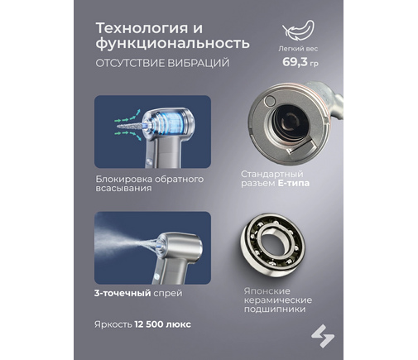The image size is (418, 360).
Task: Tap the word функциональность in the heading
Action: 173,43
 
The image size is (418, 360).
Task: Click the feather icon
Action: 298,31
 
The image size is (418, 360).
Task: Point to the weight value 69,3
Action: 295,62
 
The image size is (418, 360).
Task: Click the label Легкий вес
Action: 298,49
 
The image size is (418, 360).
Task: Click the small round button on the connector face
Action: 269,101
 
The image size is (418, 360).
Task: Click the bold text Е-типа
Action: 294,183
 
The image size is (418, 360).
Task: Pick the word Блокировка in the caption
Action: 123,179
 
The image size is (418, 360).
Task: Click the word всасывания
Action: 123,189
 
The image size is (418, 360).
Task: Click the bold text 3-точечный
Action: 123,293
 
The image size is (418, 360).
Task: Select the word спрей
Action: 168,294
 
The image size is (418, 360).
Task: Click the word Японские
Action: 267,291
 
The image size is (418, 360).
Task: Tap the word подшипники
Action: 275,310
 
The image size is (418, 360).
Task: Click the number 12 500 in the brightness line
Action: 149,324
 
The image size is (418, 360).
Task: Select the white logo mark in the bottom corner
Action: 323,336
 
